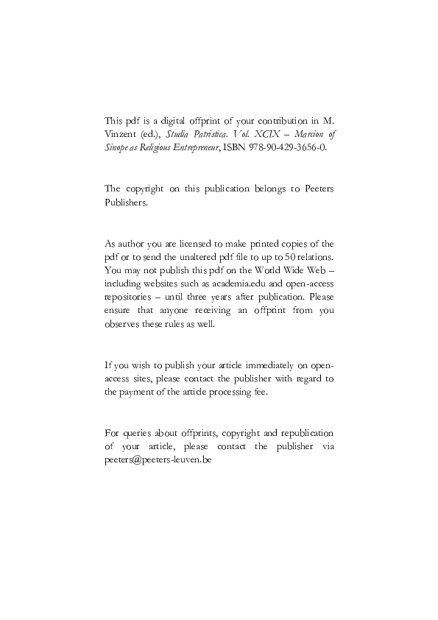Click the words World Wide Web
coord(294,270)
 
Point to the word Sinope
coord(118,147)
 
